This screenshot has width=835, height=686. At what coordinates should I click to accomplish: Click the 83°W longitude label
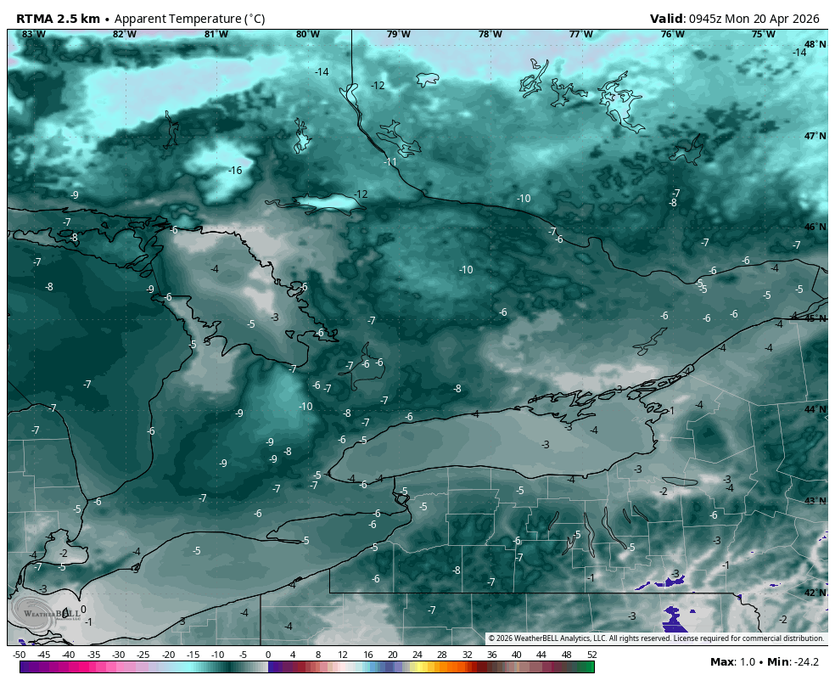point(33,34)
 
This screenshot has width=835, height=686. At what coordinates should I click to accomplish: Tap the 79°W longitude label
point(398,34)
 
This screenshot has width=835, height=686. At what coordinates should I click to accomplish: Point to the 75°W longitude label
point(763,34)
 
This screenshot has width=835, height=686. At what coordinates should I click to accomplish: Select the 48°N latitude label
point(815,44)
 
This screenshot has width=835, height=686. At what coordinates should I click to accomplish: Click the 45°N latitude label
point(815,318)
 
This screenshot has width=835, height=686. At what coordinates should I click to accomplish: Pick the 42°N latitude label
point(815,593)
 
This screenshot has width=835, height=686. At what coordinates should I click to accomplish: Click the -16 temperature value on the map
point(235,171)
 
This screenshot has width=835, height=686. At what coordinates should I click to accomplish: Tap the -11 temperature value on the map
point(390,161)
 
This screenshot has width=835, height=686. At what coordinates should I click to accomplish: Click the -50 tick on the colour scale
point(19,655)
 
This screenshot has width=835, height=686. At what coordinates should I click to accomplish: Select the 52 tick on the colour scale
point(591,655)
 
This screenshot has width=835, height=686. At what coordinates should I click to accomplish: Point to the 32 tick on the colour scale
point(467,655)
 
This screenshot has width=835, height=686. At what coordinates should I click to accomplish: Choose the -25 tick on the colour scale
point(143,655)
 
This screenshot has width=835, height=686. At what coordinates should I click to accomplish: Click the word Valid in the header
point(667,19)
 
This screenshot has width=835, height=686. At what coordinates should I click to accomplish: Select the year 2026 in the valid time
point(804,19)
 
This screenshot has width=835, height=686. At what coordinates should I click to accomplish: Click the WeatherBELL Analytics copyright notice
point(656,638)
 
